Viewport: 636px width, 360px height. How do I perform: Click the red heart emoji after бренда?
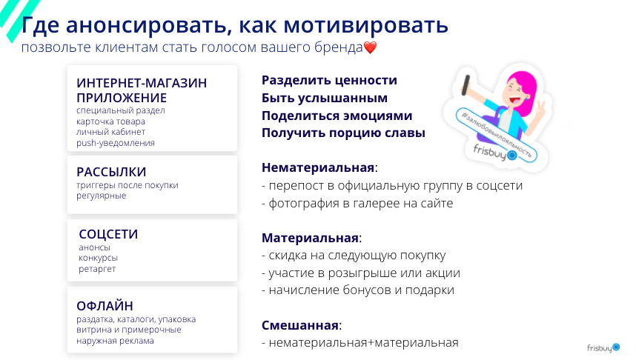[x=370, y=47]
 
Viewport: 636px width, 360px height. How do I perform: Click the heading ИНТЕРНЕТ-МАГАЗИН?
[x=142, y=83]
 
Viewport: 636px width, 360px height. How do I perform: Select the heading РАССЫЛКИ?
[x=111, y=172]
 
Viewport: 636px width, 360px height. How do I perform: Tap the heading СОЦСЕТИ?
[x=108, y=234]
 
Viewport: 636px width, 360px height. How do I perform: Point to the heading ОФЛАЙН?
[x=105, y=306]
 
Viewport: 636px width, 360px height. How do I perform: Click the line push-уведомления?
[x=116, y=143]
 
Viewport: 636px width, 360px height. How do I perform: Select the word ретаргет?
[x=97, y=269]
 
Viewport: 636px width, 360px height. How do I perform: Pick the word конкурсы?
[x=98, y=258]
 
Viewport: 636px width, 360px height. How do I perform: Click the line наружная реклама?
[x=115, y=341]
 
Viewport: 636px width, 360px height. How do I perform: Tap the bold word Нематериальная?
[x=318, y=167]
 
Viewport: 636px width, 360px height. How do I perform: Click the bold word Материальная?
[x=311, y=238]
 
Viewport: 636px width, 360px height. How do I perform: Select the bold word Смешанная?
[x=300, y=325]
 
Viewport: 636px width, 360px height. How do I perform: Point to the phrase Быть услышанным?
[x=325, y=98]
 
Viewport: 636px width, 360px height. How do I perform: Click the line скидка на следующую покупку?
[x=357, y=256]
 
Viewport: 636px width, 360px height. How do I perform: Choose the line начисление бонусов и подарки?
[x=362, y=290]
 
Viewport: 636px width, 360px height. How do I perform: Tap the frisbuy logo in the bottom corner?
[x=603, y=348]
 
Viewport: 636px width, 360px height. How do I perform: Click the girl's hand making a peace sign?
[x=540, y=110]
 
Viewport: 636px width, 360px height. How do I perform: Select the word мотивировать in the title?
[x=366, y=25]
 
